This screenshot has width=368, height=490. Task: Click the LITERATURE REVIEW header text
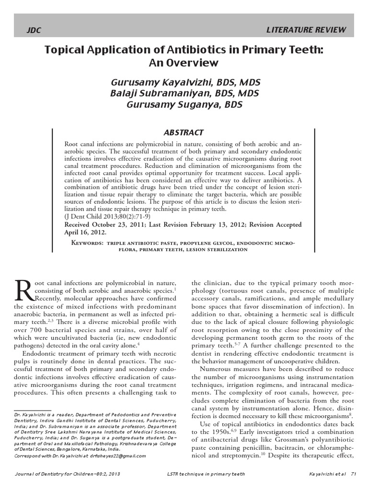(x=305, y=30)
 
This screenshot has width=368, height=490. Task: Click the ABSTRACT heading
(x=184, y=133)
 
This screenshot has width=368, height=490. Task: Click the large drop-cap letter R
(x=23, y=290)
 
